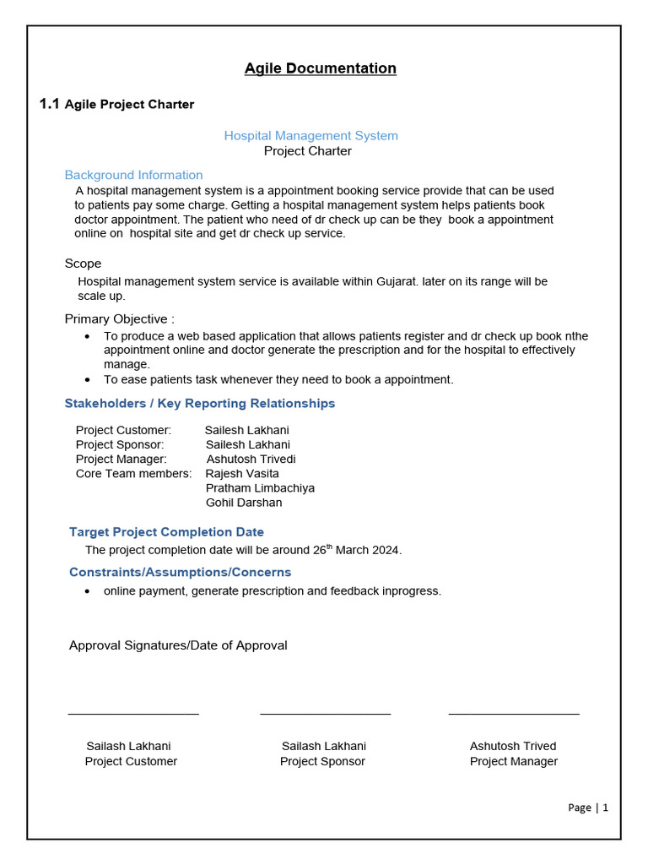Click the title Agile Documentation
click(320, 68)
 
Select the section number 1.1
click(50, 104)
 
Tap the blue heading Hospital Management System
click(310, 135)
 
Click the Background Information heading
click(133, 175)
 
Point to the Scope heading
click(83, 264)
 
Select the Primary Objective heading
click(119, 319)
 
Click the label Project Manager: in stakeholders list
click(121, 459)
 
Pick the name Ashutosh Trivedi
click(251, 459)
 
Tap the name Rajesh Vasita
click(242, 473)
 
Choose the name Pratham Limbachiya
click(260, 488)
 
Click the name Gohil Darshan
click(244, 503)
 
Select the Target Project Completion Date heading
click(166, 532)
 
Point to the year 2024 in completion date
click(386, 550)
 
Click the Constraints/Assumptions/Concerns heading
click(180, 572)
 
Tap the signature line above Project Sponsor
click(325, 715)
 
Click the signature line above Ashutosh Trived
click(513, 715)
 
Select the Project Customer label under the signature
click(131, 761)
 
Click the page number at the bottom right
click(588, 808)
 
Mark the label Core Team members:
click(133, 473)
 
